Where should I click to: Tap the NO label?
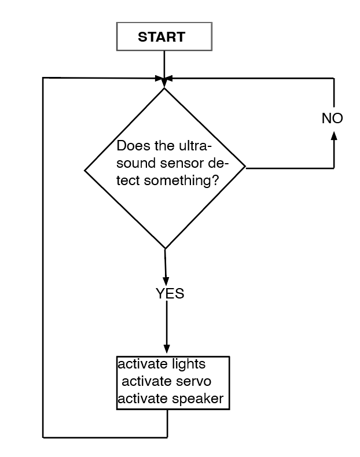(332, 119)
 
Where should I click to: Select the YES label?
(170, 294)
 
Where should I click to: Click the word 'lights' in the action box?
(189, 365)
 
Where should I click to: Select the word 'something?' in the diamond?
(181, 180)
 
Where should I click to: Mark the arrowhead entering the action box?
(167, 349)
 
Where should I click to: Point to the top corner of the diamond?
(164, 89)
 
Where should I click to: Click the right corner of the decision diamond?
(245, 168)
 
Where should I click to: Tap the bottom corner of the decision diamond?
(166, 249)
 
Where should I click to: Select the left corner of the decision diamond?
(85, 171)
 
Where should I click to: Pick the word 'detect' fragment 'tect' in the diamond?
(128, 180)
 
